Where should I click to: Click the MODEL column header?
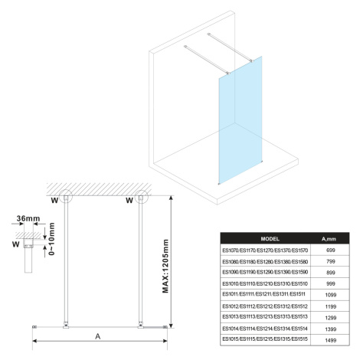click(x=270, y=239)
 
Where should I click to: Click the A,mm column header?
click(x=329, y=239)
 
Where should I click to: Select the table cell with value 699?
click(x=330, y=250)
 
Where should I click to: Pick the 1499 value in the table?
click(x=331, y=340)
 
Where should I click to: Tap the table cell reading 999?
click(x=330, y=283)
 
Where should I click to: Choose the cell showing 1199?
click(x=331, y=306)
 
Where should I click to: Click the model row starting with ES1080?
click(x=265, y=262)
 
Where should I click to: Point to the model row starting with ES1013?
click(x=265, y=317)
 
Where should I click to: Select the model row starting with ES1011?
click(x=263, y=294)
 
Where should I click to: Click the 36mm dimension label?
click(x=28, y=218)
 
